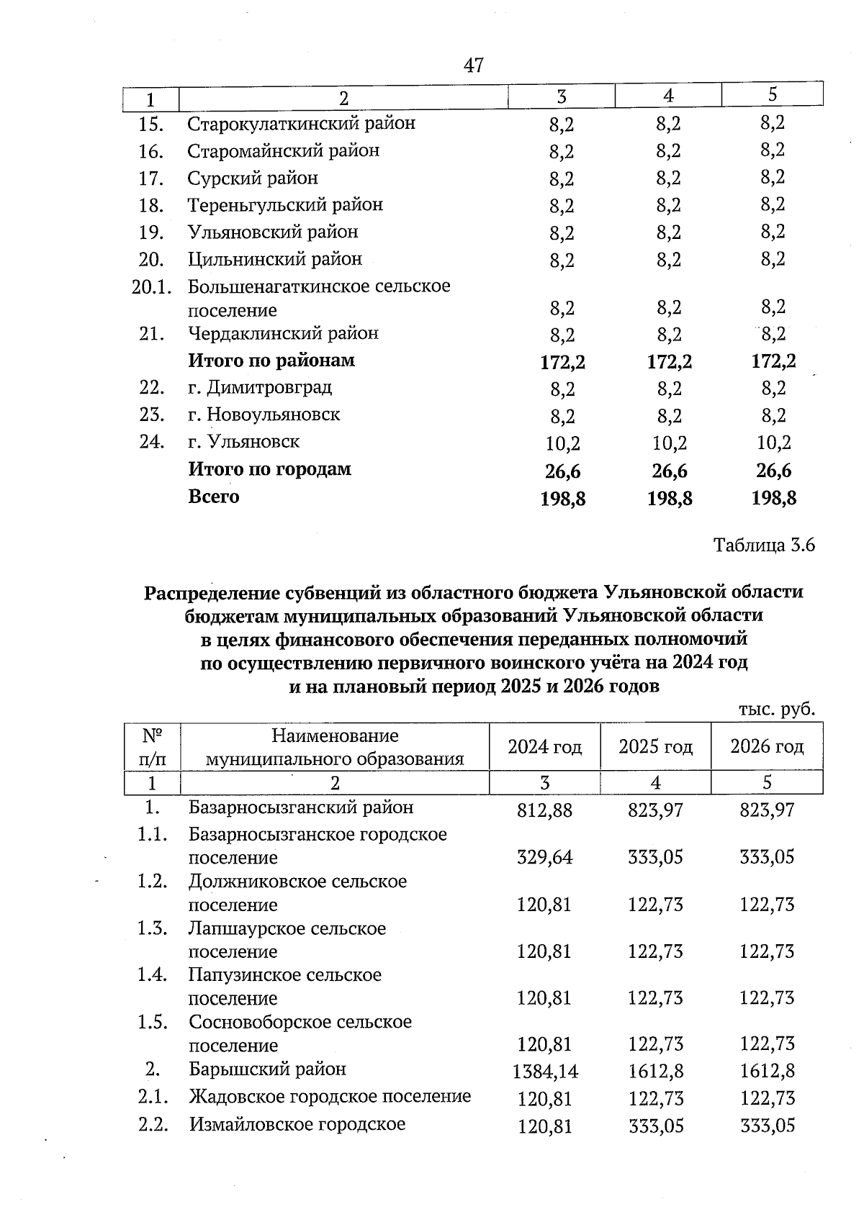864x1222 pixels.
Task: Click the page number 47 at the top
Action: click(x=474, y=65)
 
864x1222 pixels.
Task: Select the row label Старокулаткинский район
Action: click(x=301, y=124)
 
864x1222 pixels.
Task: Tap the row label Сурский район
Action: click(x=253, y=178)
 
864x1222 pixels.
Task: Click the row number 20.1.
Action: click(x=151, y=287)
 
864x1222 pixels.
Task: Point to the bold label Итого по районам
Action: click(x=271, y=361)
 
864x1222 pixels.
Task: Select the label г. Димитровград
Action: click(x=260, y=388)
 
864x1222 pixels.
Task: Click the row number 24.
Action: click(x=151, y=442)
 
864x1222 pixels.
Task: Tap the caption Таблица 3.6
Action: click(x=764, y=546)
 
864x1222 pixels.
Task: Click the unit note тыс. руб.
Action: click(x=777, y=710)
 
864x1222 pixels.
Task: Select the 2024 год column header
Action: click(x=544, y=747)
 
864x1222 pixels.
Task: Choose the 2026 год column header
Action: click(x=767, y=747)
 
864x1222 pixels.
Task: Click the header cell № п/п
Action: click(x=152, y=747)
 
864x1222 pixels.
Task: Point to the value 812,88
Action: click(x=544, y=810)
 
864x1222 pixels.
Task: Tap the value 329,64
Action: click(x=544, y=858)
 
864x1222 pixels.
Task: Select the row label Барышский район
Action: click(x=267, y=1069)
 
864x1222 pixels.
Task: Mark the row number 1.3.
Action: click(x=152, y=929)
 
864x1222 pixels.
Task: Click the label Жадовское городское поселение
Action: click(x=330, y=1097)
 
